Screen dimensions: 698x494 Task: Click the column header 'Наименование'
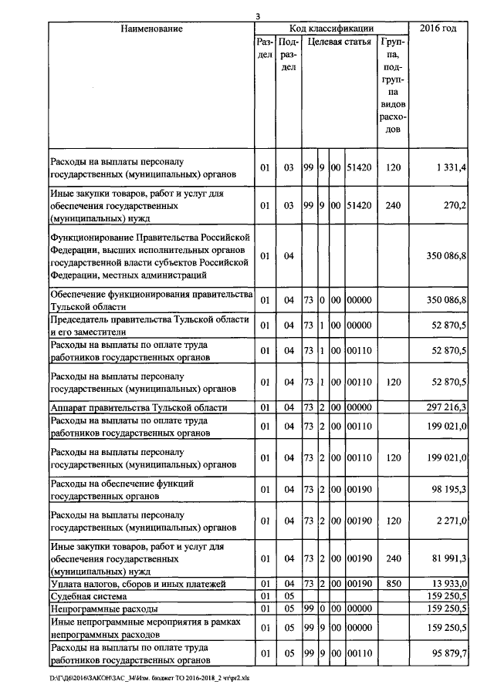tap(151, 29)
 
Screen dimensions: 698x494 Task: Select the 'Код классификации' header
tap(331, 29)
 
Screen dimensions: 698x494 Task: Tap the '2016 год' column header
tap(438, 29)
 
